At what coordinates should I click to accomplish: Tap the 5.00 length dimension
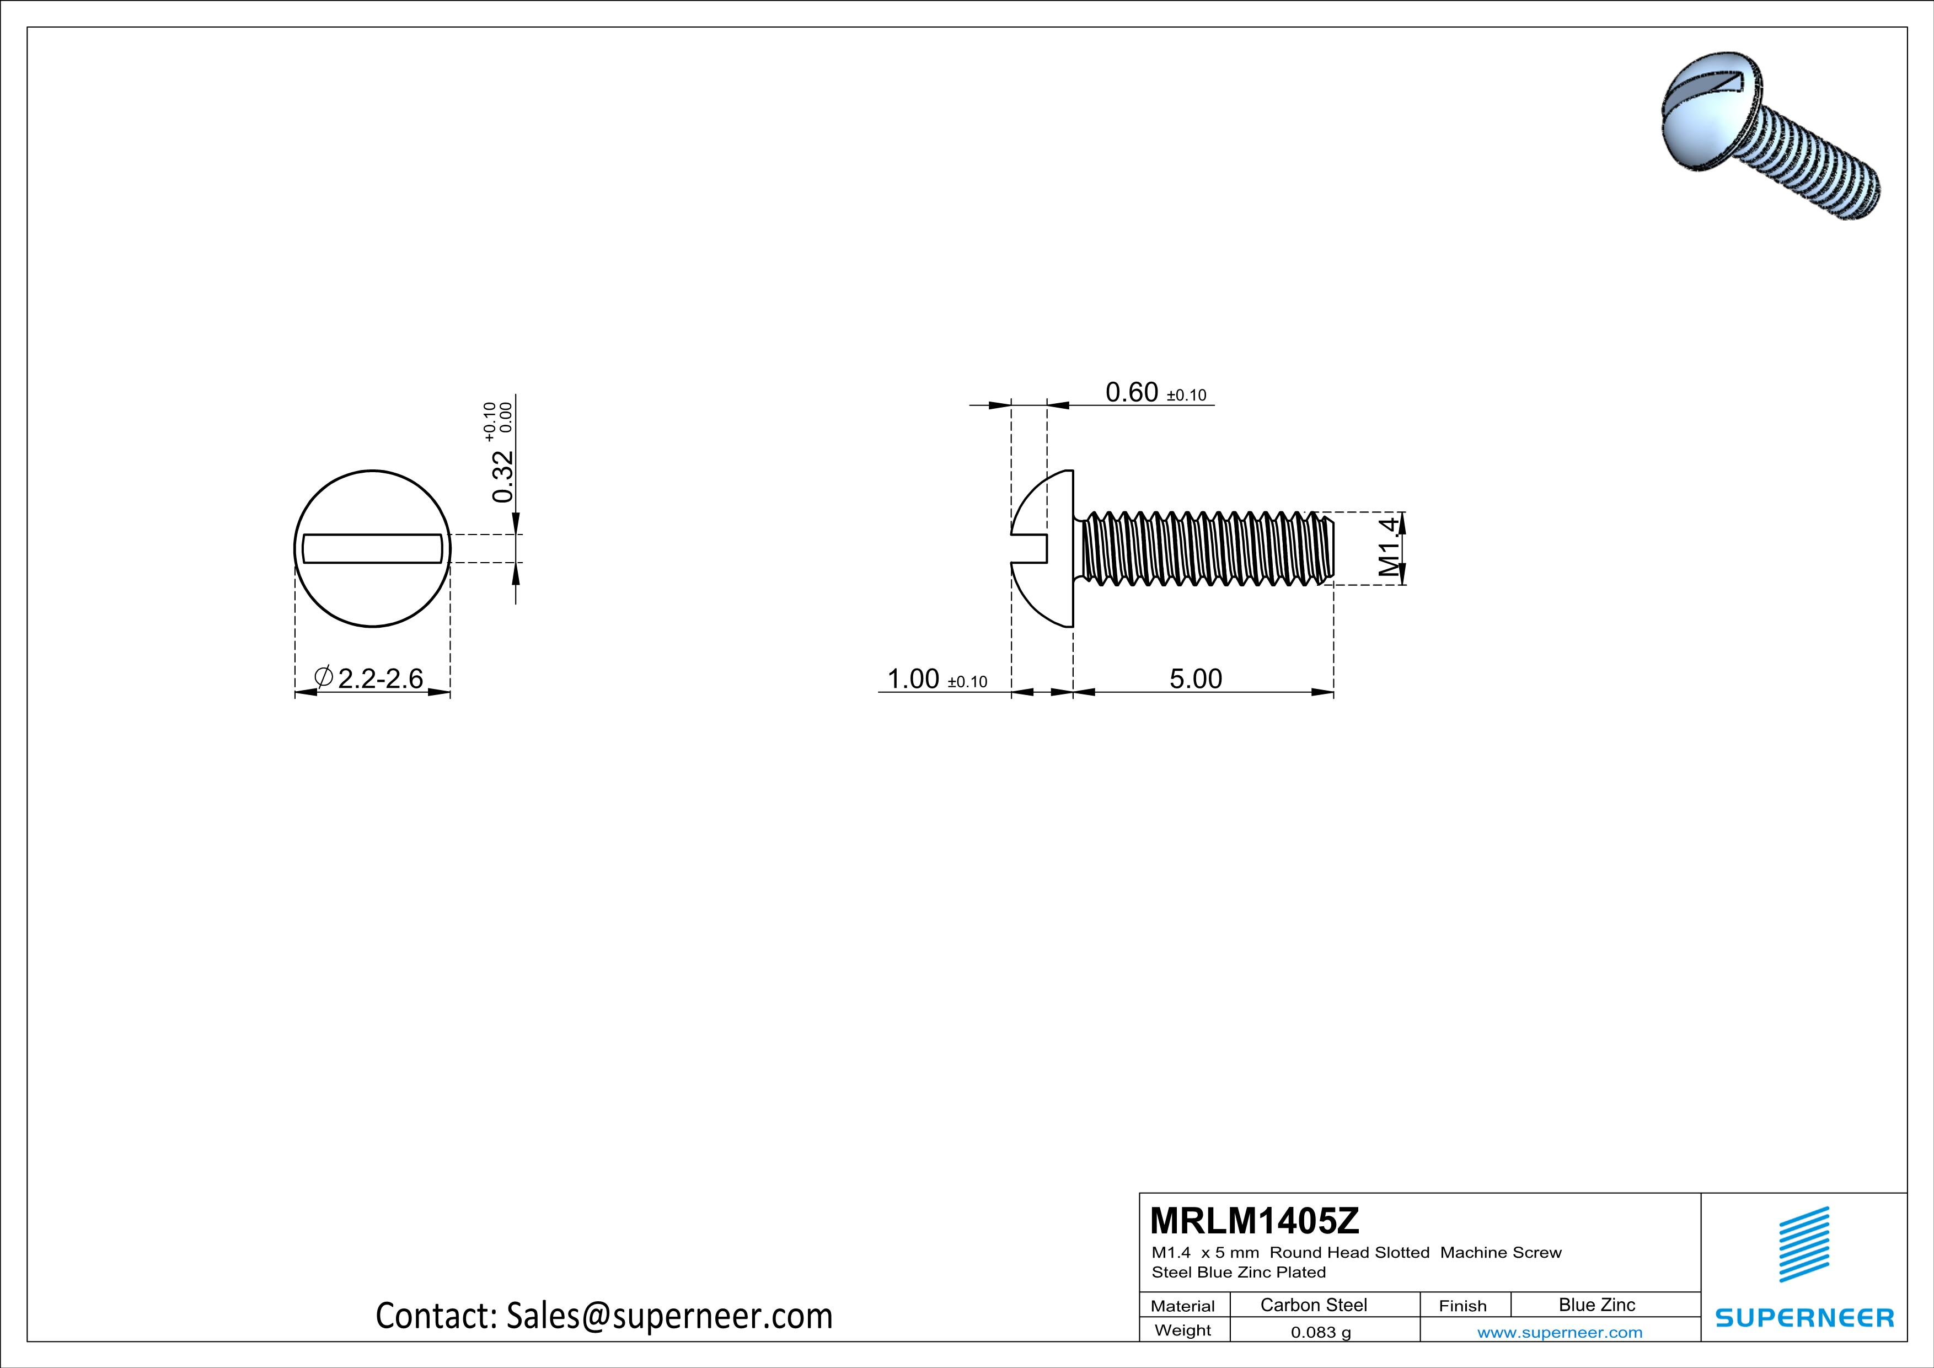coord(1195,679)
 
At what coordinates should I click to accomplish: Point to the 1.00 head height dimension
coord(913,679)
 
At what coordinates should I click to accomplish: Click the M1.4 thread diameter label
coord(1389,548)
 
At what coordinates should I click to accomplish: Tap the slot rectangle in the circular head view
coord(372,548)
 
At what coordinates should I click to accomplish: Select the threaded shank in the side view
coord(1204,548)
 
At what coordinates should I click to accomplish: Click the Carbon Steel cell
coord(1313,1305)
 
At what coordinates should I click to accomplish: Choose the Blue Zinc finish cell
coord(1596,1305)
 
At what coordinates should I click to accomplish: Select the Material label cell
coord(1183,1306)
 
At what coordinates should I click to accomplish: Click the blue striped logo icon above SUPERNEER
coord(1803,1244)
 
